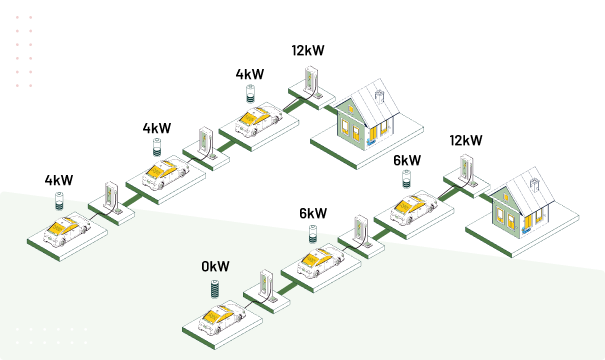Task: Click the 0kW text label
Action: [x=215, y=267]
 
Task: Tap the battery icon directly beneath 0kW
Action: [x=214, y=288]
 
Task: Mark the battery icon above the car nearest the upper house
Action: [x=250, y=94]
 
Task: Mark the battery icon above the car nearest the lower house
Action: [x=406, y=178]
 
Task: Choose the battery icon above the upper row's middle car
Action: [x=157, y=146]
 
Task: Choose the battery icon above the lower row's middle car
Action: [x=313, y=233]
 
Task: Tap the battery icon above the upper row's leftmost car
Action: [x=59, y=199]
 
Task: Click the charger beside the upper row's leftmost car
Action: [x=111, y=196]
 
